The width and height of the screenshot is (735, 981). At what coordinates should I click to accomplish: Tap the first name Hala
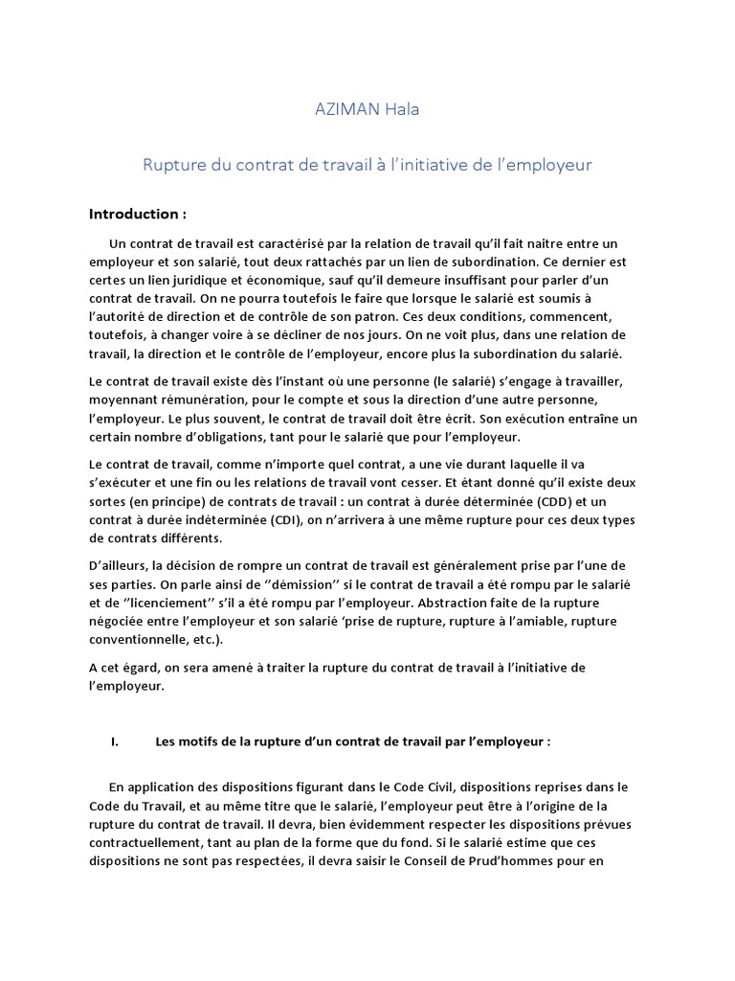tap(402, 109)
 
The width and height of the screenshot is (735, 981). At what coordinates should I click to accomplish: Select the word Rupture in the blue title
tap(174, 165)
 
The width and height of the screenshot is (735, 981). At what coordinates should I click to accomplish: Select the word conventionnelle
tap(135, 641)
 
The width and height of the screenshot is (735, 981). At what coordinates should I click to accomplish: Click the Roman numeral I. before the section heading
tap(115, 741)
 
